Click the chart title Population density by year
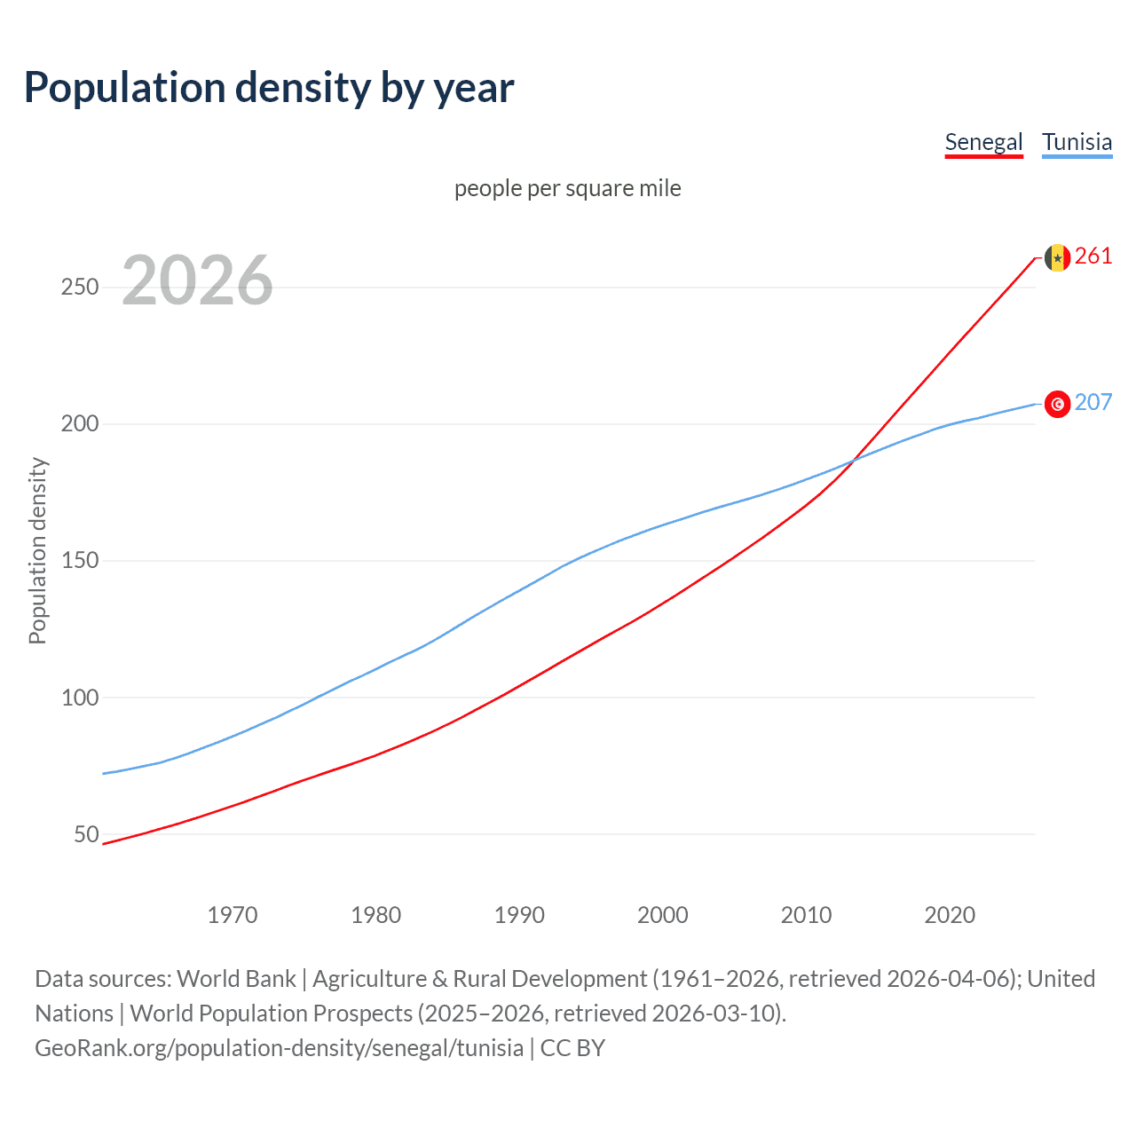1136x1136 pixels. [x=269, y=88]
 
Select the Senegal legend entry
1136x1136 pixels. [x=983, y=142]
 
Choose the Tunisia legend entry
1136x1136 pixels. [x=1077, y=142]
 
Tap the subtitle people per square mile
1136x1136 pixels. [x=567, y=188]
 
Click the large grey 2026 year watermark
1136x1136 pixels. [x=197, y=280]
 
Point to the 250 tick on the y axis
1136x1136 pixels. [x=80, y=288]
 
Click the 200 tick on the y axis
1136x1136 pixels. [x=80, y=424]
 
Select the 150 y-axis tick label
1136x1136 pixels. [x=80, y=561]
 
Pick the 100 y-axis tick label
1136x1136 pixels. [x=80, y=698]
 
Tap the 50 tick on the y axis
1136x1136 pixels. [x=86, y=834]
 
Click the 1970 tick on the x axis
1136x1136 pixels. [x=233, y=915]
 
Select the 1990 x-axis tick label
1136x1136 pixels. [x=519, y=915]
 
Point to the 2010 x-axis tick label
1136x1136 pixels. [x=806, y=915]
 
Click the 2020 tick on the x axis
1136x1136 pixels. [x=950, y=915]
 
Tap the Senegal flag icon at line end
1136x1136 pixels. [x=1057, y=257]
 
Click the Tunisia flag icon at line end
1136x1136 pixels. [x=1057, y=404]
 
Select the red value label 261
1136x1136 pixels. [x=1093, y=256]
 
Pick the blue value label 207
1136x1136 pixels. [x=1093, y=403]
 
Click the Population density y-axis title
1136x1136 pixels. [x=37, y=550]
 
